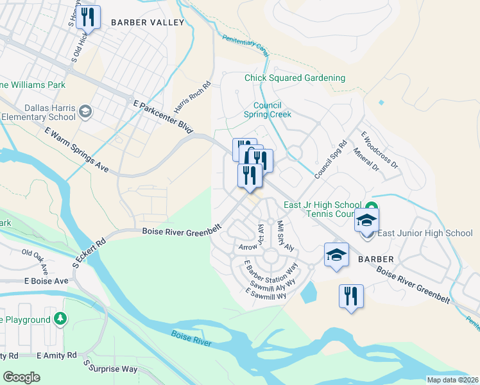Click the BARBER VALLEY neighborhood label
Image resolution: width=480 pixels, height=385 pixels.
coord(147,22)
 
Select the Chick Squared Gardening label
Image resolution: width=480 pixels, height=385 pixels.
coord(295,78)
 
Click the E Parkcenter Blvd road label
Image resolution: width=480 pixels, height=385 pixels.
coord(163,117)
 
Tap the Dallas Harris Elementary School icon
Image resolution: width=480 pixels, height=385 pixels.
coord(84,113)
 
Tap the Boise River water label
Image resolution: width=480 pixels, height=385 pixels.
coord(191,339)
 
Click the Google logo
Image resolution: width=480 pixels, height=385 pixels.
coord(22,377)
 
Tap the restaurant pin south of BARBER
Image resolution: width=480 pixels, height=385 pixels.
coord(350,296)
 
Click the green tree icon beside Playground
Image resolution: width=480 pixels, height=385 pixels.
coord(60,319)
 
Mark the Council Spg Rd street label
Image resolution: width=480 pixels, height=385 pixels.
coord(331,160)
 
